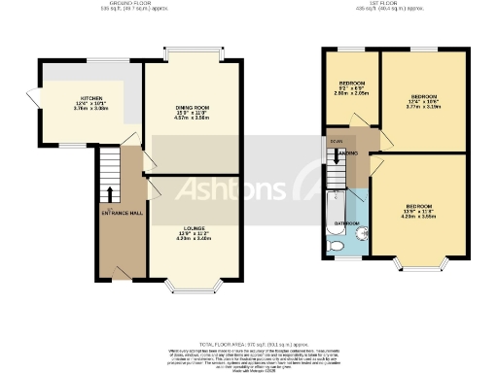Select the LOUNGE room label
192,229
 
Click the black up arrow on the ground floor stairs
109,192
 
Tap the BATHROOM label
348,223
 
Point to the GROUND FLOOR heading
135,4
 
